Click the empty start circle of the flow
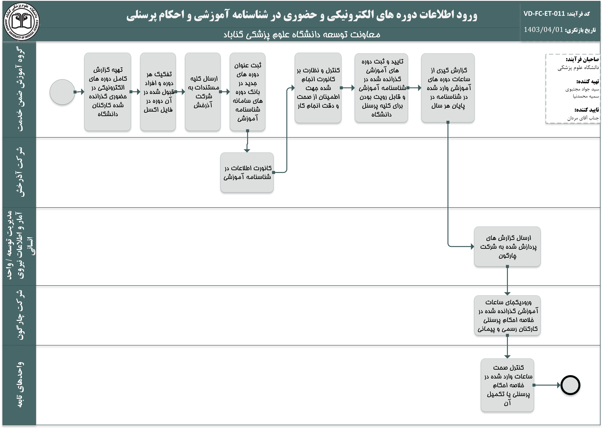click(x=62, y=92)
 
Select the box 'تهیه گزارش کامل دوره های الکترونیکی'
click(x=108, y=92)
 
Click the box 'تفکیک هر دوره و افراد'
click(x=158, y=92)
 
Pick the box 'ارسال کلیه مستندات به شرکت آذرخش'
click(x=203, y=92)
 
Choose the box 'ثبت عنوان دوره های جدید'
click(x=247, y=92)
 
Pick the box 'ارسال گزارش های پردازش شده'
click(x=507, y=246)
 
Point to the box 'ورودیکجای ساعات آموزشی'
click(x=507, y=315)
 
